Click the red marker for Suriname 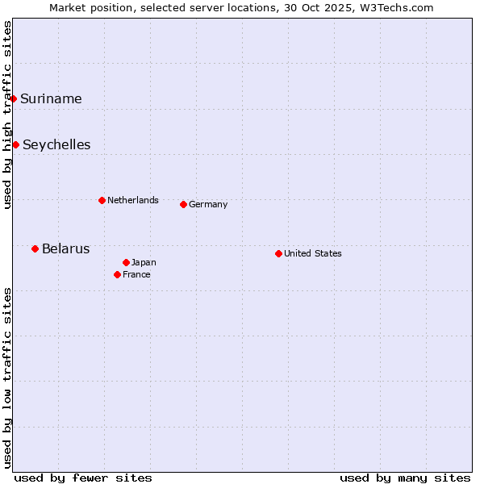pyautogui.click(x=13, y=98)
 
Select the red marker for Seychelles pyautogui.click(x=15, y=144)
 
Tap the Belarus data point pyautogui.click(x=35, y=248)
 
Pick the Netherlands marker pyautogui.click(x=102, y=200)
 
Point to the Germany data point pyautogui.click(x=183, y=204)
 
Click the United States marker pyautogui.click(x=278, y=253)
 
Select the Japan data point pyautogui.click(x=126, y=262)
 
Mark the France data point pyautogui.click(x=117, y=274)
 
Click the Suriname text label pyautogui.click(x=51, y=99)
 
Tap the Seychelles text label pyautogui.click(x=56, y=145)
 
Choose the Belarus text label pyautogui.click(x=65, y=249)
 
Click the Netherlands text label pyautogui.click(x=133, y=201)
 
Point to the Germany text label pyautogui.click(x=208, y=205)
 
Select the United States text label pyautogui.click(x=313, y=254)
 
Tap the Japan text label pyautogui.click(x=144, y=263)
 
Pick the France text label pyautogui.click(x=136, y=275)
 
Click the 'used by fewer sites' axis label pyautogui.click(x=83, y=478)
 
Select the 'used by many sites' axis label pyautogui.click(x=405, y=478)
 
